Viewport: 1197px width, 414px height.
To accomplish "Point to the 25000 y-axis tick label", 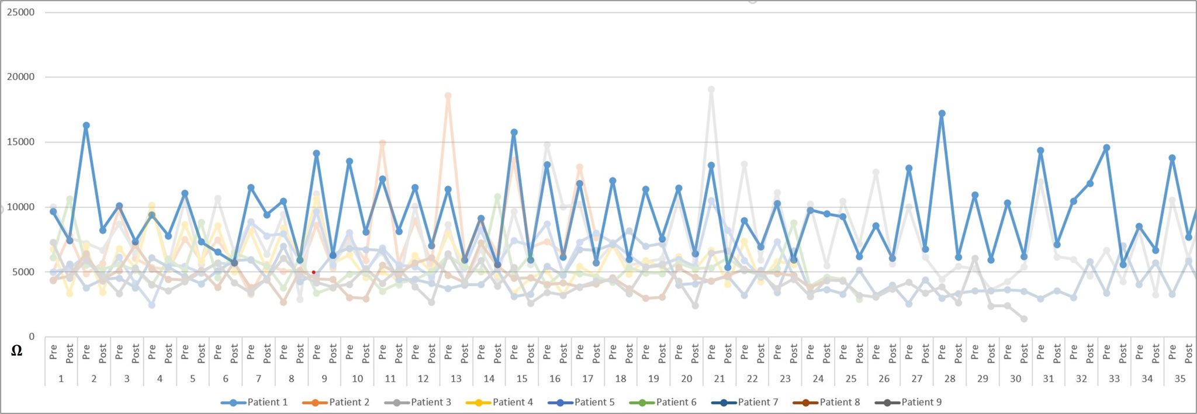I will tap(20, 12).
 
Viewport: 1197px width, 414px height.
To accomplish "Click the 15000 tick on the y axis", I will tap(20, 142).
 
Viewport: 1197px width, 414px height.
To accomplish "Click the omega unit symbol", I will tap(16, 351).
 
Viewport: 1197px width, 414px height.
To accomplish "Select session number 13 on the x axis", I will tap(456, 379).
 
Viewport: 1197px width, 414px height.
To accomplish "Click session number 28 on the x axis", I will tap(950, 379).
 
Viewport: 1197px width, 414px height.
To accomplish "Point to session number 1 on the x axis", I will tap(61, 379).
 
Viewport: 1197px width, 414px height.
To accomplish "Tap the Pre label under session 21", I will tap(711, 352).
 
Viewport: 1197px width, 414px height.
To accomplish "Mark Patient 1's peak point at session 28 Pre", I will tap(942, 114).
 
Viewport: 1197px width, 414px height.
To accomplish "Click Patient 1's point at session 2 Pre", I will tap(87, 126).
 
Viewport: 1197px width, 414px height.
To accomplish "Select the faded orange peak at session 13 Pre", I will tap(448, 96).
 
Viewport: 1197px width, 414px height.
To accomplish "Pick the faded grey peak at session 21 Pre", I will tap(711, 90).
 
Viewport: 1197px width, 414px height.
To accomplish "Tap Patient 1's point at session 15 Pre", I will tap(514, 133).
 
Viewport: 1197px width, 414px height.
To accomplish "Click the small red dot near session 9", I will tap(314, 272).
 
